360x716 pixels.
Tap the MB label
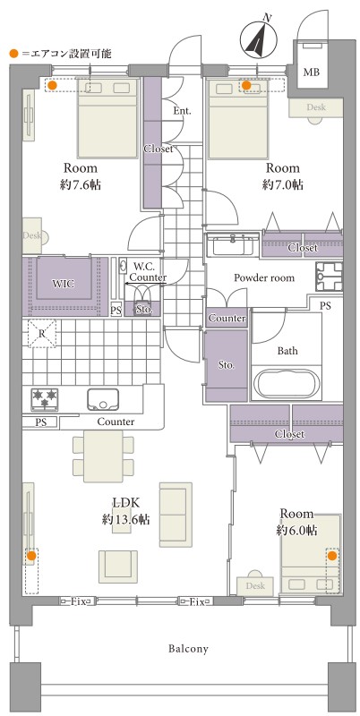pos(312,72)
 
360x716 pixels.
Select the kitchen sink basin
pos(103,399)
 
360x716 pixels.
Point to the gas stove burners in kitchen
pos(44,399)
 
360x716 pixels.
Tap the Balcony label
pos(188,648)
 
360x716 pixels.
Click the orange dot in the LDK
pos(31,556)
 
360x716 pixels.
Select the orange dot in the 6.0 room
pos(331,555)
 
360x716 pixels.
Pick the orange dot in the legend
pos(13,54)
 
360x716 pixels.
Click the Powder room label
pos(264,277)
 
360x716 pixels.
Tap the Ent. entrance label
pos(183,111)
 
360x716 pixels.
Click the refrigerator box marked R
pos(41,334)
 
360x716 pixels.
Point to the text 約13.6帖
pos(126,519)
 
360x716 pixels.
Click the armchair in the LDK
pos(118,567)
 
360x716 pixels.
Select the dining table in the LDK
pos(103,456)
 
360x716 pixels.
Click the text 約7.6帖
pos(81,185)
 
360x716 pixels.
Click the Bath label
pos(287,351)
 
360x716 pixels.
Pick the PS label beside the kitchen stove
pos(40,422)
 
